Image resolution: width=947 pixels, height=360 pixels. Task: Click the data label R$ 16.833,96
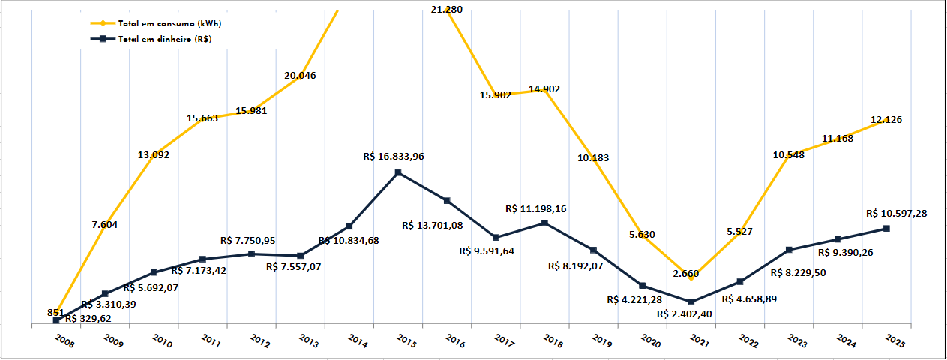point(399,157)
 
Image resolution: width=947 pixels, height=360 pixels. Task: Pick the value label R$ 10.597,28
point(896,214)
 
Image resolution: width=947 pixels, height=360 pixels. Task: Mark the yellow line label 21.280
point(447,9)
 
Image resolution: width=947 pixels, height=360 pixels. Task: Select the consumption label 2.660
point(686,274)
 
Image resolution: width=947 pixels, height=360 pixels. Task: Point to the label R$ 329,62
point(88,318)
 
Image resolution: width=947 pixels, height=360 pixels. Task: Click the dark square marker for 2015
point(398,173)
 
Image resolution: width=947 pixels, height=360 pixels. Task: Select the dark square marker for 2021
point(691,301)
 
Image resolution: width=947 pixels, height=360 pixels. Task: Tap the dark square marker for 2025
point(886,228)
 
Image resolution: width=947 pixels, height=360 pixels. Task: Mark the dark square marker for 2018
point(544,223)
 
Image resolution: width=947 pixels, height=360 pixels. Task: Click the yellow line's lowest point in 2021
point(691,280)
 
